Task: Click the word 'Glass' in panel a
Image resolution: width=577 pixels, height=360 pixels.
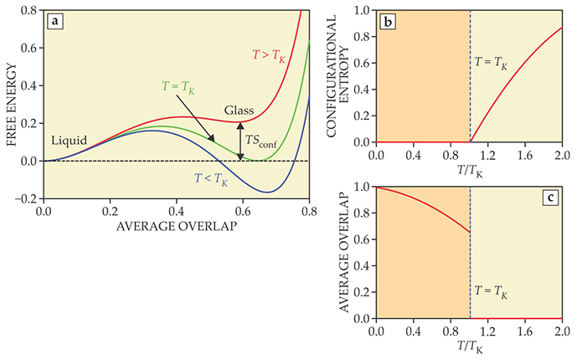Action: pos(240,110)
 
